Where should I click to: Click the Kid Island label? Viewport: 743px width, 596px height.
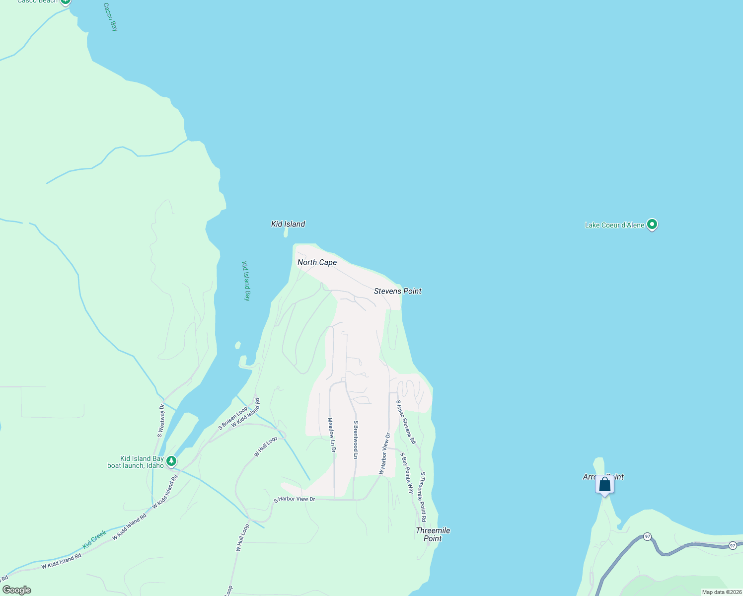coord(288,224)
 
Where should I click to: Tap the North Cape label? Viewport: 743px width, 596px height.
coord(317,262)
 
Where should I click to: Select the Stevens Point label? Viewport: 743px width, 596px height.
coord(397,291)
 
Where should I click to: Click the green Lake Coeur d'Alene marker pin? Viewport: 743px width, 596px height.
coord(653,225)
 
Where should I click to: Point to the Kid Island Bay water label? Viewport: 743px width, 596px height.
coord(246,281)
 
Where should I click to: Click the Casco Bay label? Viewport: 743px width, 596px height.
coord(111,17)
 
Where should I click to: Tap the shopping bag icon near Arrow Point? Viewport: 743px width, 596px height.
coord(604,484)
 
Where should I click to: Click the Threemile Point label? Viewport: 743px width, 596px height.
coord(433,534)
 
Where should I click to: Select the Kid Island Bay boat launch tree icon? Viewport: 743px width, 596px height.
coord(171,461)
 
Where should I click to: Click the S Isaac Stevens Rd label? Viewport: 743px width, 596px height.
coord(406,422)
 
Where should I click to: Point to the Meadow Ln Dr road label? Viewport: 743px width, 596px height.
coord(331,435)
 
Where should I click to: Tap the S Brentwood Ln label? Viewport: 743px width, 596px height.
coord(356,440)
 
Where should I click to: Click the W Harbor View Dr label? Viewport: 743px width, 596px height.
coord(385,453)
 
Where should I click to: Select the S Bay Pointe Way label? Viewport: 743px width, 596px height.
coord(407,473)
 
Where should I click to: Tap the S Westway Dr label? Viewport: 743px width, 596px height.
coord(161,420)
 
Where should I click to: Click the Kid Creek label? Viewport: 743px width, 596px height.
coord(94,539)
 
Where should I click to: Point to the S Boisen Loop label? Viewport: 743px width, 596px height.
coord(233,418)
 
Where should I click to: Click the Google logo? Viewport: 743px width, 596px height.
coord(17,590)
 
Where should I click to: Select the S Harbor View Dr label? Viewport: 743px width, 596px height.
coord(295,499)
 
